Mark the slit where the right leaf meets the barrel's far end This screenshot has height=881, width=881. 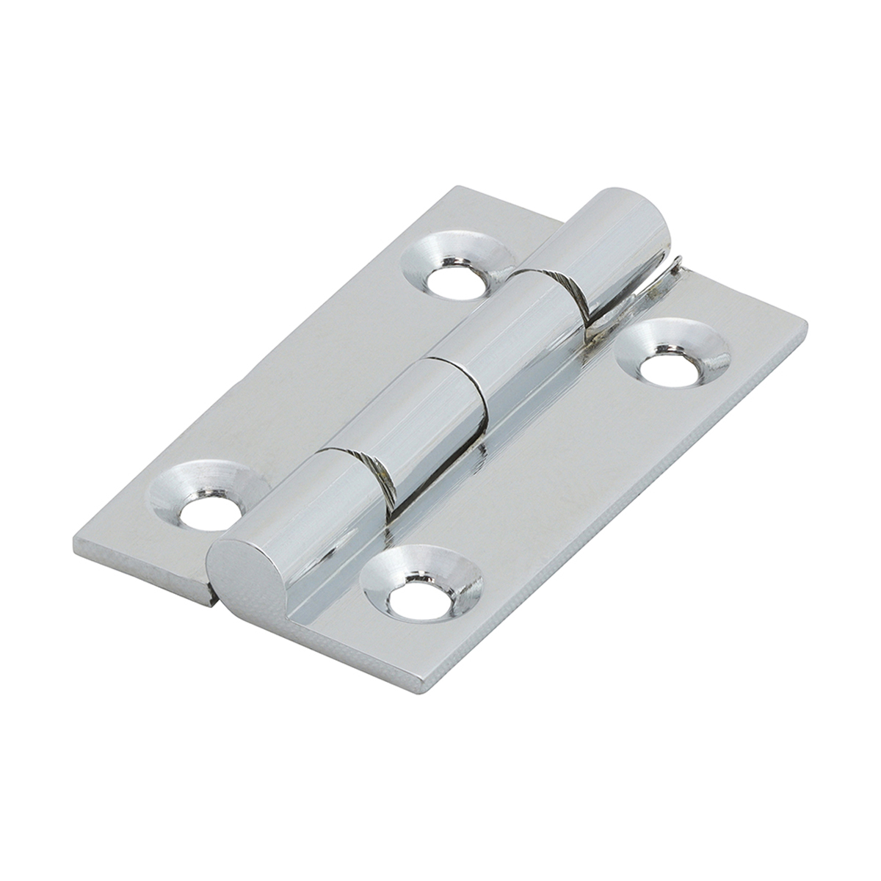tap(661, 283)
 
